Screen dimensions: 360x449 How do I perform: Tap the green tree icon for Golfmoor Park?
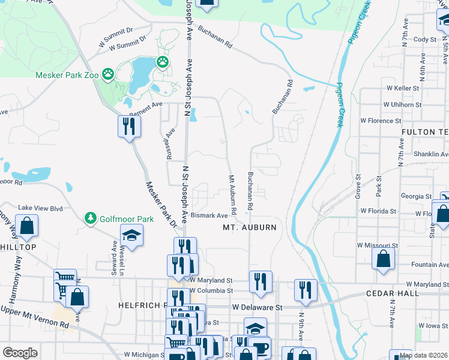coord(91,217)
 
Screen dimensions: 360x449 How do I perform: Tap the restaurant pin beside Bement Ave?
coord(129,126)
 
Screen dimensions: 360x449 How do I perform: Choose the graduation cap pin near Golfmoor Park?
coord(131,235)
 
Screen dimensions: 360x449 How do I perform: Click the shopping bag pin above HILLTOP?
coord(27,226)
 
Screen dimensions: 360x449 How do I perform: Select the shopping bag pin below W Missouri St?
coord(383,259)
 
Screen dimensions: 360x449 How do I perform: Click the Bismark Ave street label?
coord(209,215)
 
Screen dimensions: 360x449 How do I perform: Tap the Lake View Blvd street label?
coord(40,208)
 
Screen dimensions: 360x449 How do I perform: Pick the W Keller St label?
coord(402,88)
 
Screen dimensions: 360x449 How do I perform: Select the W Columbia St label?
coord(211,290)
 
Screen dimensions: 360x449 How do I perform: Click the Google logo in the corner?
coord(20,353)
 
